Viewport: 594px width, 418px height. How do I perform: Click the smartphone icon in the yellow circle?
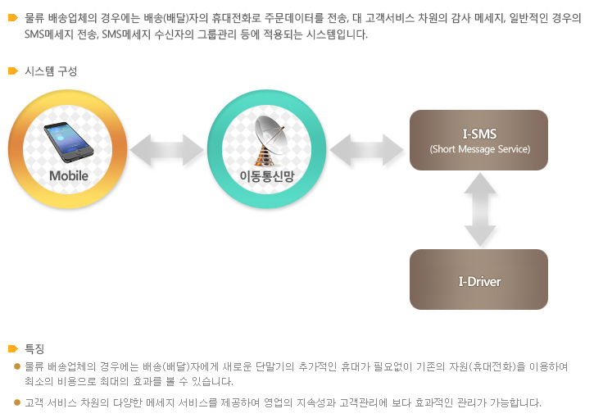pyautogui.click(x=68, y=142)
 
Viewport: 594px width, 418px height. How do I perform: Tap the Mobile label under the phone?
pyautogui.click(x=69, y=176)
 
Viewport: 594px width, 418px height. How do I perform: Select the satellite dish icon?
pyautogui.click(x=269, y=141)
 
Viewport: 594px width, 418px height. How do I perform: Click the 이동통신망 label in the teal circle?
pyautogui.click(x=267, y=176)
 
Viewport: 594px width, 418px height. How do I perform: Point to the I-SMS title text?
pyautogui.click(x=479, y=134)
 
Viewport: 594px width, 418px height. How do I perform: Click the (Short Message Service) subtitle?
pyautogui.click(x=479, y=149)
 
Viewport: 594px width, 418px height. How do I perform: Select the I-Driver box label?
pyautogui.click(x=479, y=282)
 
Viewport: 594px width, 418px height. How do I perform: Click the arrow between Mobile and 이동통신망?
pyautogui.click(x=166, y=150)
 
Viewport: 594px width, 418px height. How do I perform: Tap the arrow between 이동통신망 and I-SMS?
pyautogui.click(x=367, y=150)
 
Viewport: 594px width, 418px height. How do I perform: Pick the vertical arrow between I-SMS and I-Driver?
pyautogui.click(x=480, y=210)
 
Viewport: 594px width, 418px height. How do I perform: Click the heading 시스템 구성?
pyautogui.click(x=51, y=71)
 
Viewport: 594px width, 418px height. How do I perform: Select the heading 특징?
pyautogui.click(x=34, y=348)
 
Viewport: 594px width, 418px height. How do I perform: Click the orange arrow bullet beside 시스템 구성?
pyautogui.click(x=13, y=70)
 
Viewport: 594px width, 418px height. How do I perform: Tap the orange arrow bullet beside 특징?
pyautogui.click(x=13, y=348)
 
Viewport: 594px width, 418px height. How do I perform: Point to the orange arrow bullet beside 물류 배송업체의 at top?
pyautogui.click(x=13, y=17)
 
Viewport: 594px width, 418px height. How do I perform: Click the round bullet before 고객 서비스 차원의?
pyautogui.click(x=16, y=402)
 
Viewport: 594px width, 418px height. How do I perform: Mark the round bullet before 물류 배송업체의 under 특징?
pyautogui.click(x=16, y=366)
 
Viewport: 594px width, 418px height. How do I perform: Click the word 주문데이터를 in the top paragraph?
pyautogui.click(x=293, y=18)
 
